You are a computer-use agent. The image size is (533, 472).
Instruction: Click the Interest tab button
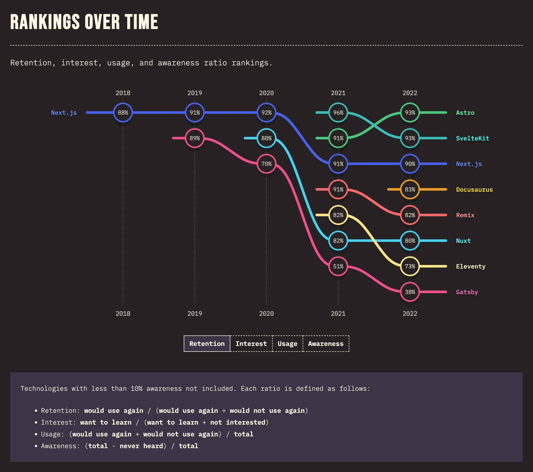(251, 344)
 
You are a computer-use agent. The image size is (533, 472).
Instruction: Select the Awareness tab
(326, 344)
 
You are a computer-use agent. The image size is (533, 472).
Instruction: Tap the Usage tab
(287, 344)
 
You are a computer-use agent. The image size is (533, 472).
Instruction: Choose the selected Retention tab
(207, 344)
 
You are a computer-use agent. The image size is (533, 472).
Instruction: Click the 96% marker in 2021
(338, 113)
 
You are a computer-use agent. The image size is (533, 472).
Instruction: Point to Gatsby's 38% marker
(410, 292)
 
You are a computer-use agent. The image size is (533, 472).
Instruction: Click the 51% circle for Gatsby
(338, 266)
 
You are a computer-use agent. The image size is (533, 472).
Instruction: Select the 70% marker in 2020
(266, 164)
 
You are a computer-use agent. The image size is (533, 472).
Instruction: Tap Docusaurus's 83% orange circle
(410, 190)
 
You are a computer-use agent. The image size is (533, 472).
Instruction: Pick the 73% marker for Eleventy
(410, 266)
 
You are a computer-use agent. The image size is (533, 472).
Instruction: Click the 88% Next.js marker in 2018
(123, 113)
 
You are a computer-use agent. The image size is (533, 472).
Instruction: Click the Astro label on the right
(465, 113)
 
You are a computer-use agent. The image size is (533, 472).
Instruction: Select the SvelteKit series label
(472, 138)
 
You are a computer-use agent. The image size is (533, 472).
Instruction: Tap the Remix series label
(465, 216)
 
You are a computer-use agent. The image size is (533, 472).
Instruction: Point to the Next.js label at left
(64, 113)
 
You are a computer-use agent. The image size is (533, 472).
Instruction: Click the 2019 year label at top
(194, 93)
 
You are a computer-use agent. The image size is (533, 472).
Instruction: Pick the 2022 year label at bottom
(410, 314)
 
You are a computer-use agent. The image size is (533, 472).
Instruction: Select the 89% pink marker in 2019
(194, 138)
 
